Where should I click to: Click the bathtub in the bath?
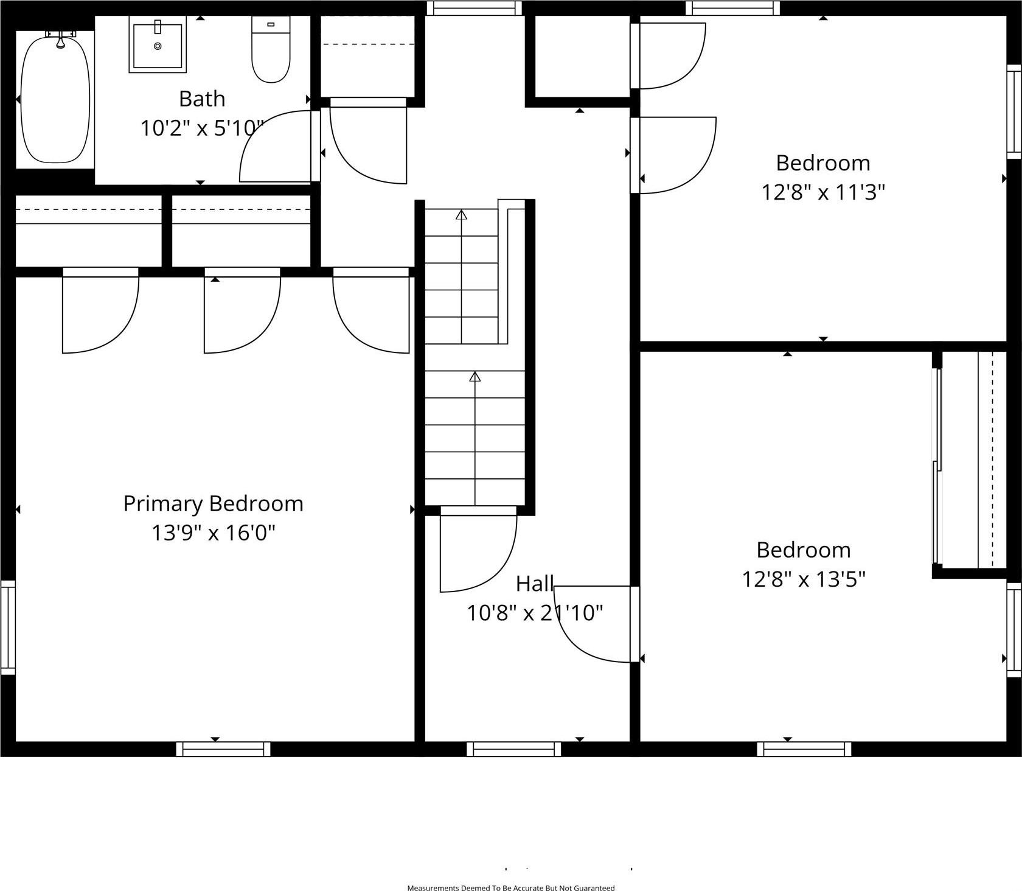(x=55, y=99)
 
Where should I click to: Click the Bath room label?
(x=202, y=99)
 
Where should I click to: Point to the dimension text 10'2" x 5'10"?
(x=203, y=128)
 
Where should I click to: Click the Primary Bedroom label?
(x=213, y=504)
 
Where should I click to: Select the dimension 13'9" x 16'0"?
(x=213, y=533)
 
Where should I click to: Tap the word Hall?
(x=534, y=584)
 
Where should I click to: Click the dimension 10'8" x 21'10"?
(x=534, y=613)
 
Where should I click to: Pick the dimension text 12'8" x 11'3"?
(x=822, y=192)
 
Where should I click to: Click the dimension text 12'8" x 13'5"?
(x=803, y=579)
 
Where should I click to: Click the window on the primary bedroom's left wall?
(x=8, y=627)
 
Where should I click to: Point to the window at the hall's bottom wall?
(x=513, y=749)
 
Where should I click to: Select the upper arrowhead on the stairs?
(x=462, y=215)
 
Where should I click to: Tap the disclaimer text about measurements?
(x=510, y=888)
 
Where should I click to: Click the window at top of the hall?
(x=474, y=8)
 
